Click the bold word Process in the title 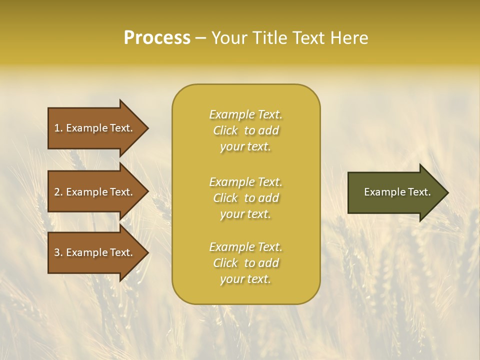click(157, 38)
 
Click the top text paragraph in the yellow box click(245, 130)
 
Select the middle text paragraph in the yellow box click(245, 198)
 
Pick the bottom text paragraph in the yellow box click(245, 263)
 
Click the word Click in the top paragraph click(225, 130)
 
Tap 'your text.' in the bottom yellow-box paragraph click(245, 279)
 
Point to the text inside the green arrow click(397, 192)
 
